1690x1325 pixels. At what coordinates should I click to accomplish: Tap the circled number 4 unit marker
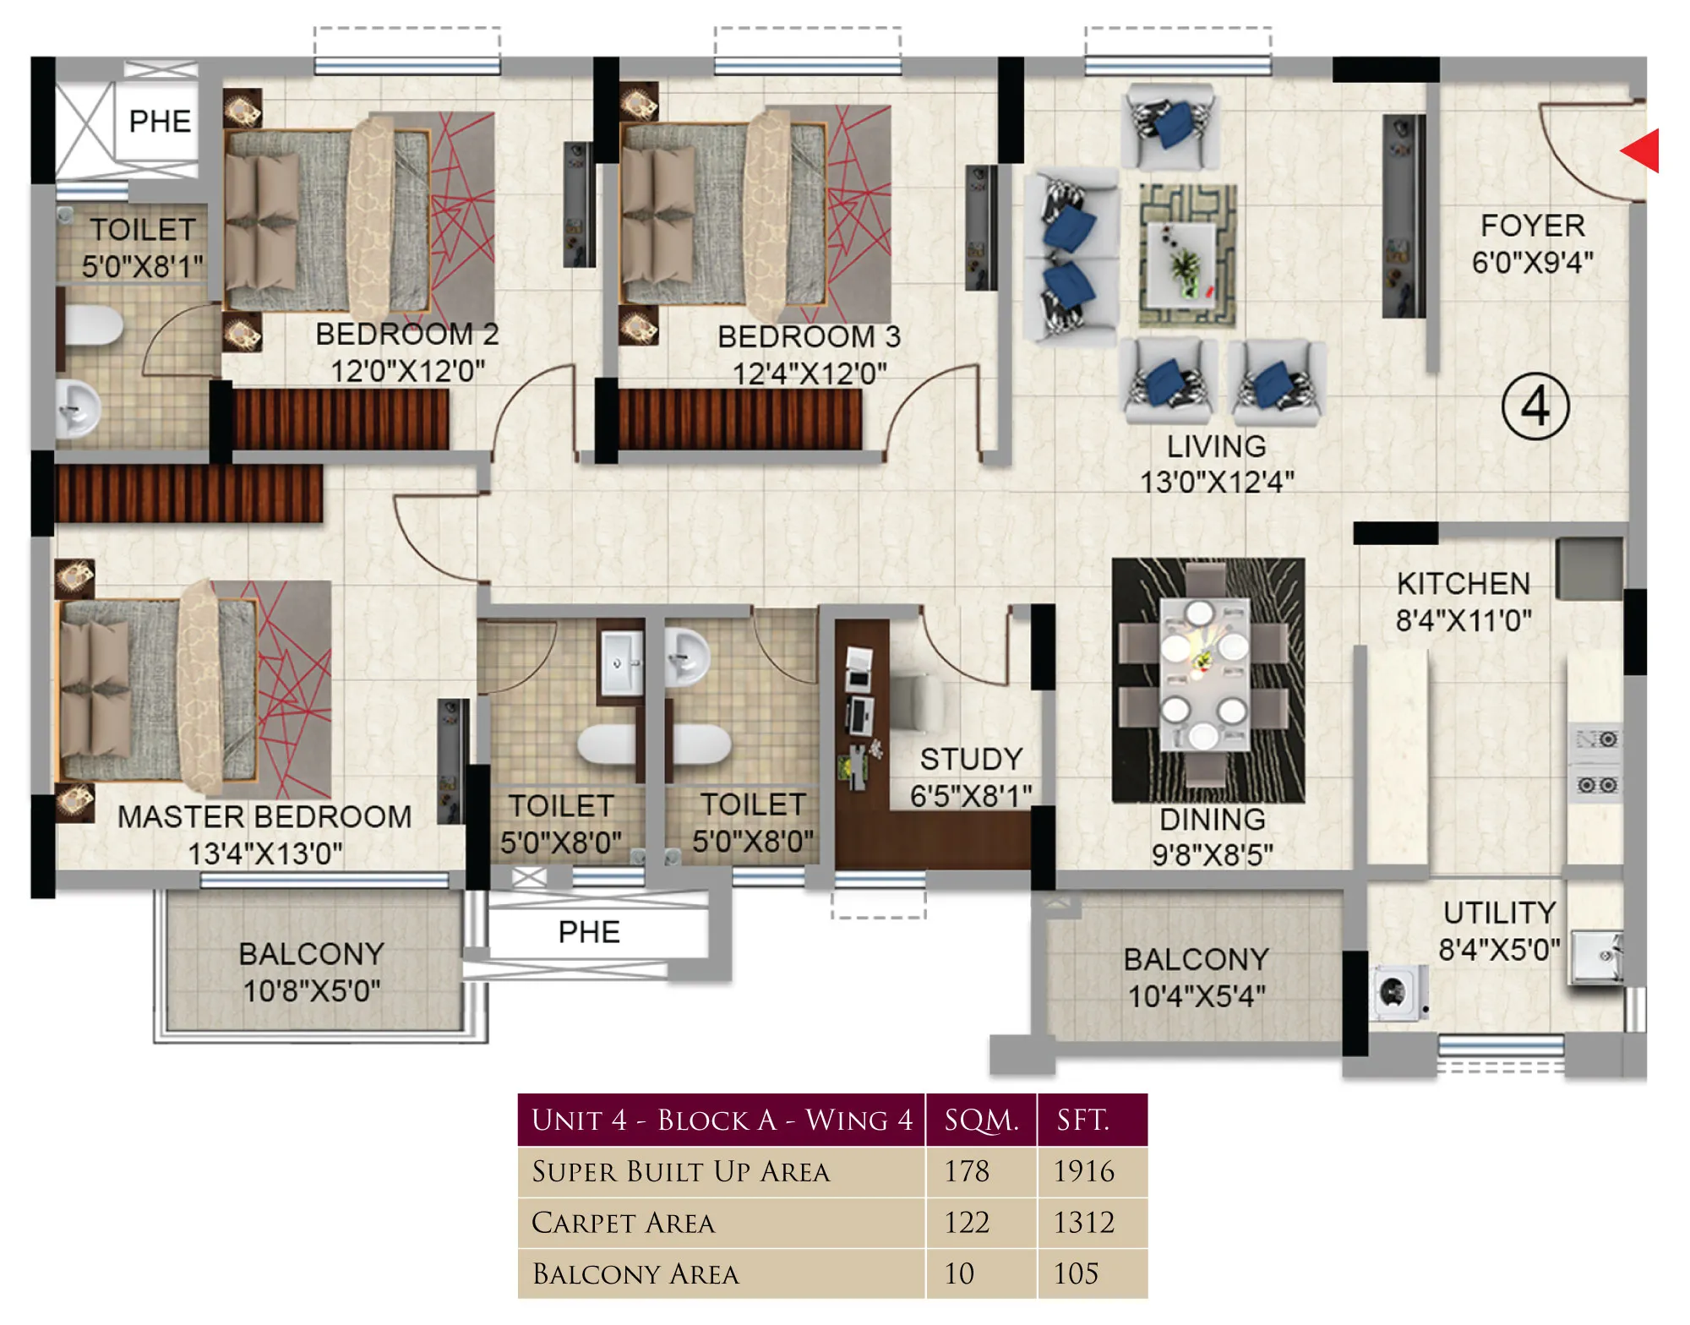point(1535,406)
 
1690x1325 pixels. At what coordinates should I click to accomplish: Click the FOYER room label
point(1533,226)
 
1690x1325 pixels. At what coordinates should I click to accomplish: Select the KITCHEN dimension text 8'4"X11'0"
point(1464,620)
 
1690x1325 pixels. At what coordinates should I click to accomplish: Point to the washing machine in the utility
point(1398,992)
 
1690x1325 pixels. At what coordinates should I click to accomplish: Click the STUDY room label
point(971,759)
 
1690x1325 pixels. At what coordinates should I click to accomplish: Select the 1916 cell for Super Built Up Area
point(1084,1171)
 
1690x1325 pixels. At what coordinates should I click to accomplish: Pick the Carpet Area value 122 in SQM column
point(967,1222)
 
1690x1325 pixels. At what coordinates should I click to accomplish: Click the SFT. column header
point(1083,1120)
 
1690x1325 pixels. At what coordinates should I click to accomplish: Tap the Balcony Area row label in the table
point(636,1273)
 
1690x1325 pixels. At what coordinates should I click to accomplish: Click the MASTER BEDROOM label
point(264,816)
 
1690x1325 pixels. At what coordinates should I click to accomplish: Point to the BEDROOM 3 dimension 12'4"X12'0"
point(810,373)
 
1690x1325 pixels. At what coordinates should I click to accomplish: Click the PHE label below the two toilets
point(589,932)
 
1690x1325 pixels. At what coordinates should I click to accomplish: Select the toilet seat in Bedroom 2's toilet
point(93,325)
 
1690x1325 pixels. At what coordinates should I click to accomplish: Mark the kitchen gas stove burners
point(1596,762)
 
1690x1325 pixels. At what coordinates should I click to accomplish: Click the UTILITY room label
point(1499,913)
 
